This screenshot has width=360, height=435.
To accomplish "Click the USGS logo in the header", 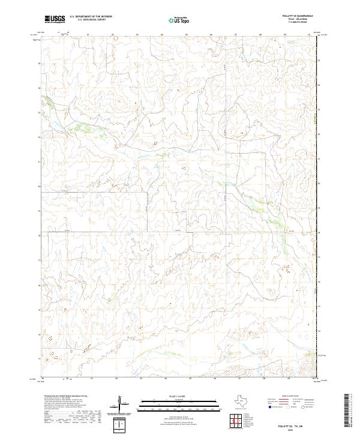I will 55,19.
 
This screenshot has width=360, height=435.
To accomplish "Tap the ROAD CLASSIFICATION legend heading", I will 292,397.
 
